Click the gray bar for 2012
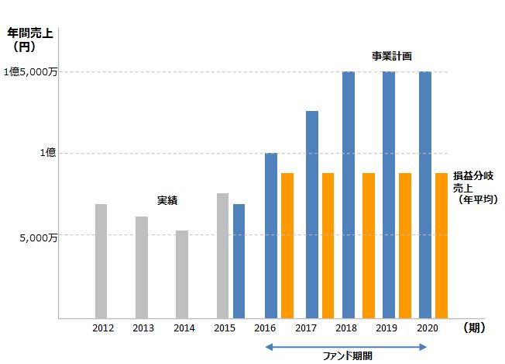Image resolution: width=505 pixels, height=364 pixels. point(101,261)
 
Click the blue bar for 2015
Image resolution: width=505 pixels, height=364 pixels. point(239,261)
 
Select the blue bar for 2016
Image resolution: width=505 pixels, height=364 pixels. point(270,235)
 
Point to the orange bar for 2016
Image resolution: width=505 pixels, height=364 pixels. point(287,245)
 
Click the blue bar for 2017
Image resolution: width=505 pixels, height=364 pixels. point(311,214)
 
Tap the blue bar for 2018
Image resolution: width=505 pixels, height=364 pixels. point(349,195)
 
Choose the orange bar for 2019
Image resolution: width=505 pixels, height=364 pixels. point(404,245)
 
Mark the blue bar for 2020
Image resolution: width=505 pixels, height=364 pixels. point(425,195)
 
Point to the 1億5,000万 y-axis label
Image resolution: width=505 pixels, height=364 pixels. point(29,72)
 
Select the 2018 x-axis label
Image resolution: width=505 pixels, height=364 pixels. point(345,328)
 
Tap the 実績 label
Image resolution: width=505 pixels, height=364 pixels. point(167,201)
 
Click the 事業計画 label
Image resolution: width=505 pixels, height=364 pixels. point(390,56)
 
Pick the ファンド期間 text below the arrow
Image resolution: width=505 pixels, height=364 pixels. point(347,356)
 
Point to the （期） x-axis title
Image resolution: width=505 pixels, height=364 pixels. point(473,328)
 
